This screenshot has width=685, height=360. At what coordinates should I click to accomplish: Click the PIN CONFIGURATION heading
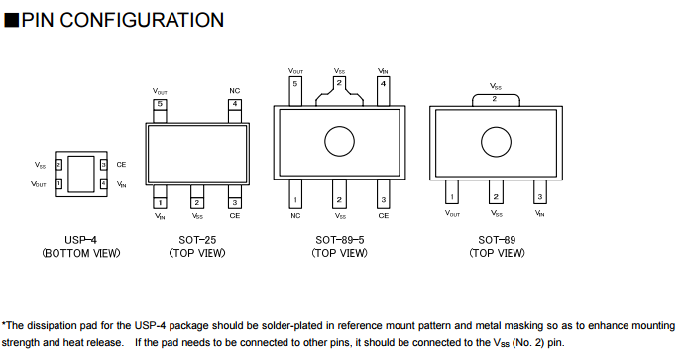tap(114, 20)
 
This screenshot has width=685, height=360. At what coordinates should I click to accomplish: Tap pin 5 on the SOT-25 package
tap(160, 111)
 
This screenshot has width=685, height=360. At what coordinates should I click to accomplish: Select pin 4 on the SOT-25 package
tap(235, 111)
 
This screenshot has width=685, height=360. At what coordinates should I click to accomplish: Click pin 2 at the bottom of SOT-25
tap(197, 197)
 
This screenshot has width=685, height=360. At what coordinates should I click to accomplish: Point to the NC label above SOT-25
tap(235, 91)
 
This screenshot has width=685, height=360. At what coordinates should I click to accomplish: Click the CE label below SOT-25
tap(235, 216)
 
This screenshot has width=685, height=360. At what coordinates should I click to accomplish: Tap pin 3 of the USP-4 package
tap(103, 165)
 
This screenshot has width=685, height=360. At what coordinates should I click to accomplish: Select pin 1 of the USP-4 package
tap(58, 183)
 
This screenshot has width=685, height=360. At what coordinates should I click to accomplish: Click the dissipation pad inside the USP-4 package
tap(81, 174)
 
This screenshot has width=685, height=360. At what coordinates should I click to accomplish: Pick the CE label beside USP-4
tap(121, 165)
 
